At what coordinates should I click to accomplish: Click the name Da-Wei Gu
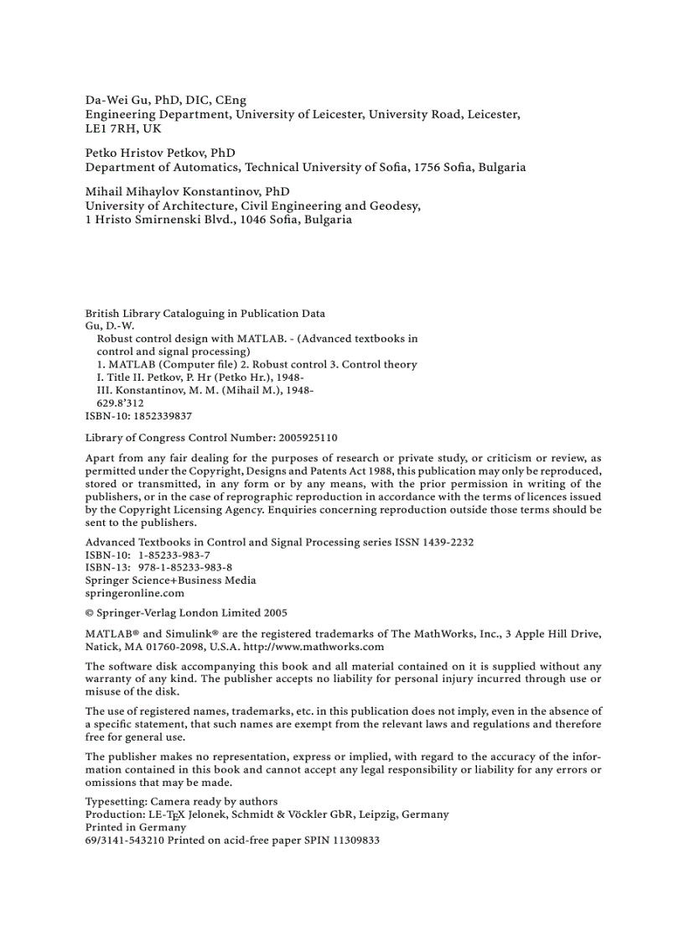coord(117,100)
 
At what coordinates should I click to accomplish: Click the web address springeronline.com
coord(135,592)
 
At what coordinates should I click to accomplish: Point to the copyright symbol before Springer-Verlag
coord(90,613)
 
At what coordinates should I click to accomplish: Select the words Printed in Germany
coord(136,826)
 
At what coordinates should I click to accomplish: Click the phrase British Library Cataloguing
coord(148,314)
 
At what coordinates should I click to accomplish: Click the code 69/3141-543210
coord(125,839)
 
